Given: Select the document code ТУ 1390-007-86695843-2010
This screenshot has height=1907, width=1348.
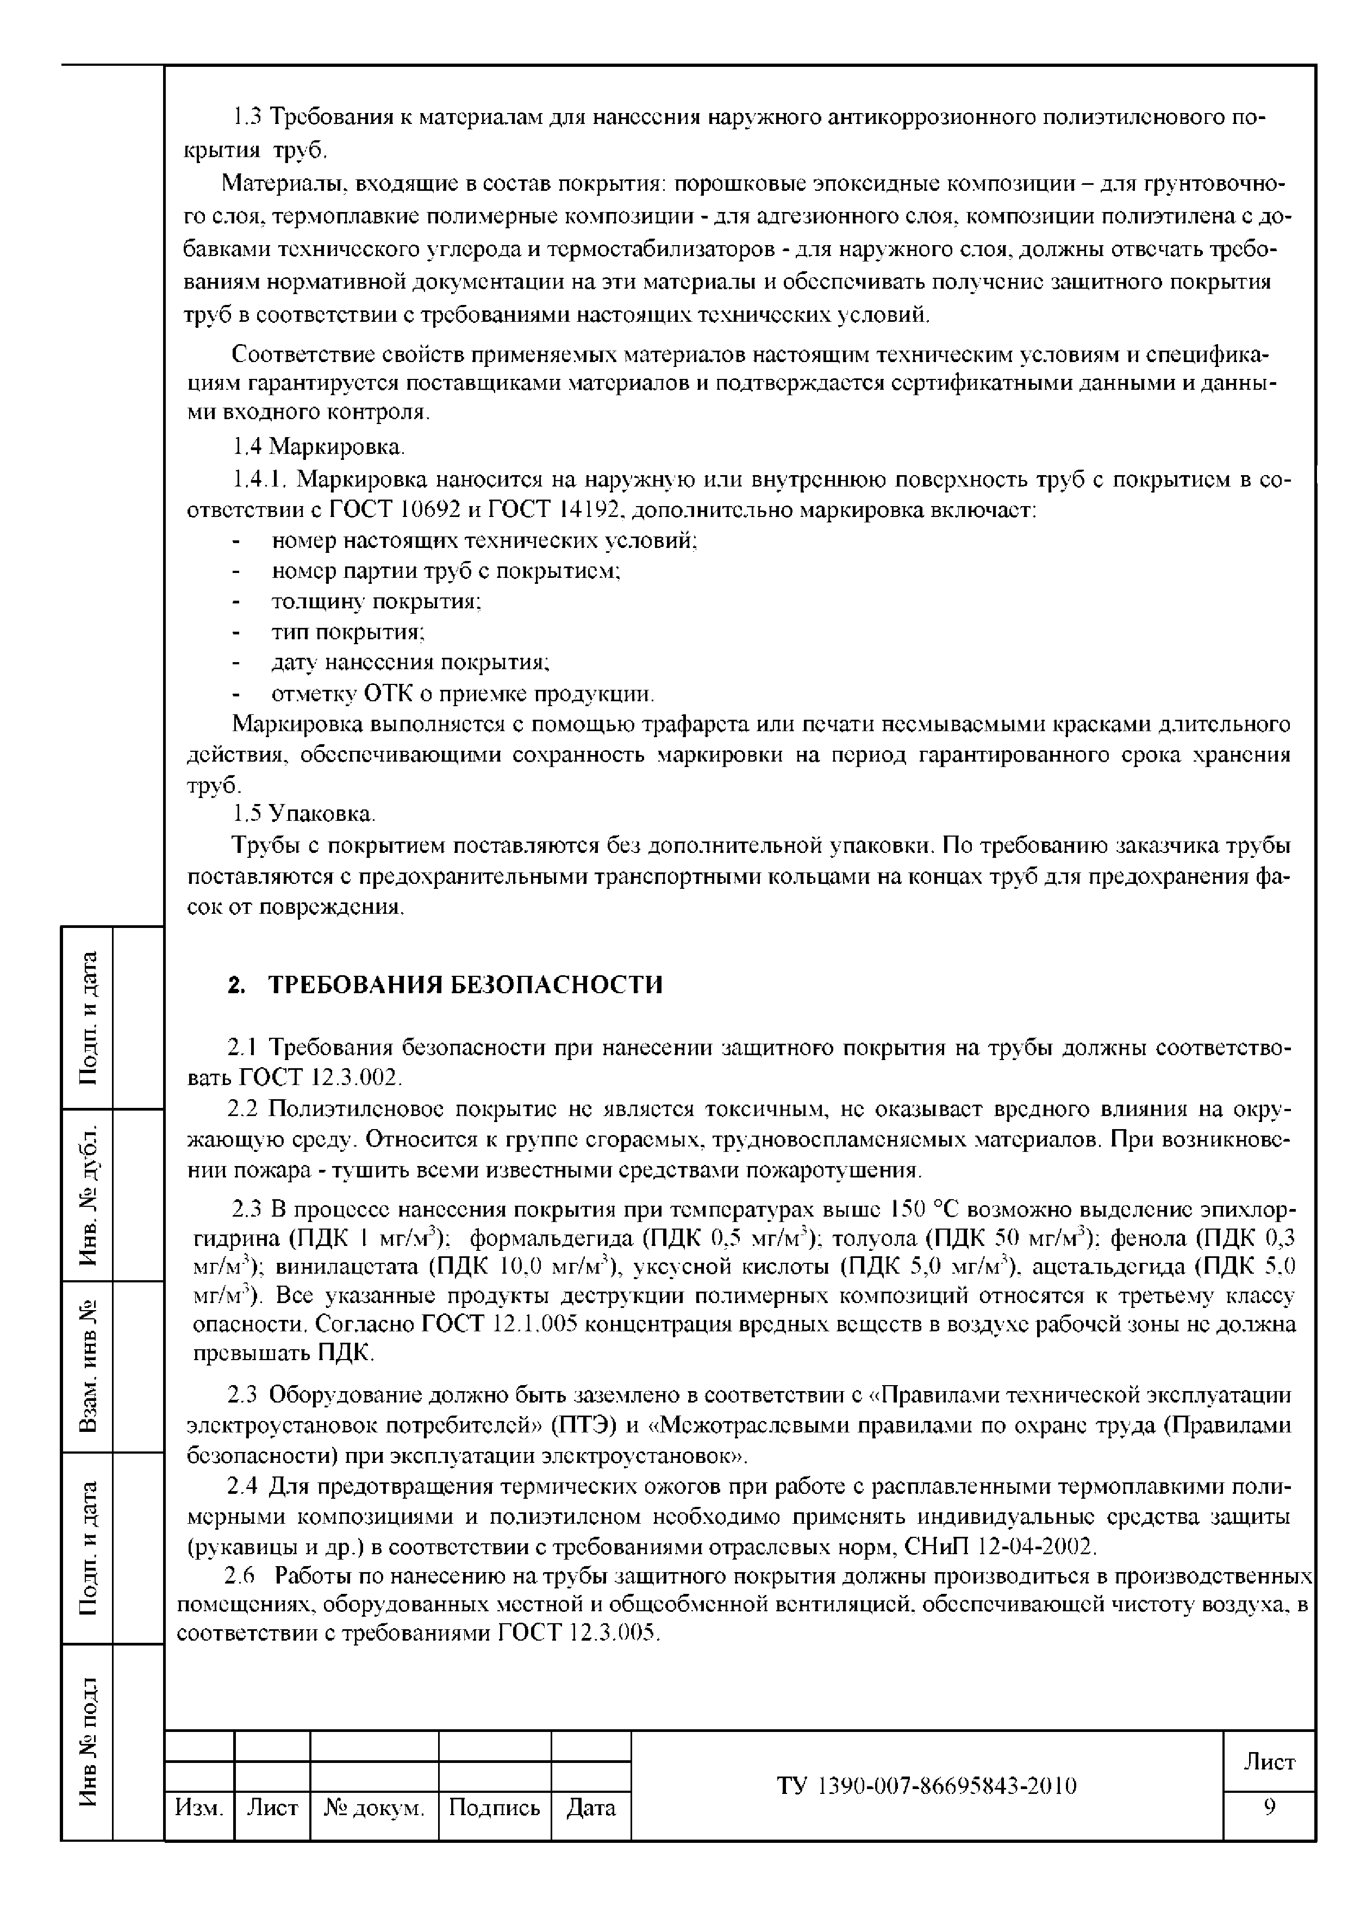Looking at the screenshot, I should click(x=927, y=1786).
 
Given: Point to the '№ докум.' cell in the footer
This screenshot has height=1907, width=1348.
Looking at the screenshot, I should click(x=374, y=1808).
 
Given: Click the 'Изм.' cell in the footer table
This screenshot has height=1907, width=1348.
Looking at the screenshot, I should click(x=199, y=1808).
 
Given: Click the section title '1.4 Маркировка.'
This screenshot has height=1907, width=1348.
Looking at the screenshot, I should click(x=318, y=448).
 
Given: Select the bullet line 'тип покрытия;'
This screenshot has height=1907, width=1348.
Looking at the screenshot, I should click(x=349, y=632).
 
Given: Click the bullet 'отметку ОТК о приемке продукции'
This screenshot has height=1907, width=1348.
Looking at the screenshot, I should click(x=463, y=694).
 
